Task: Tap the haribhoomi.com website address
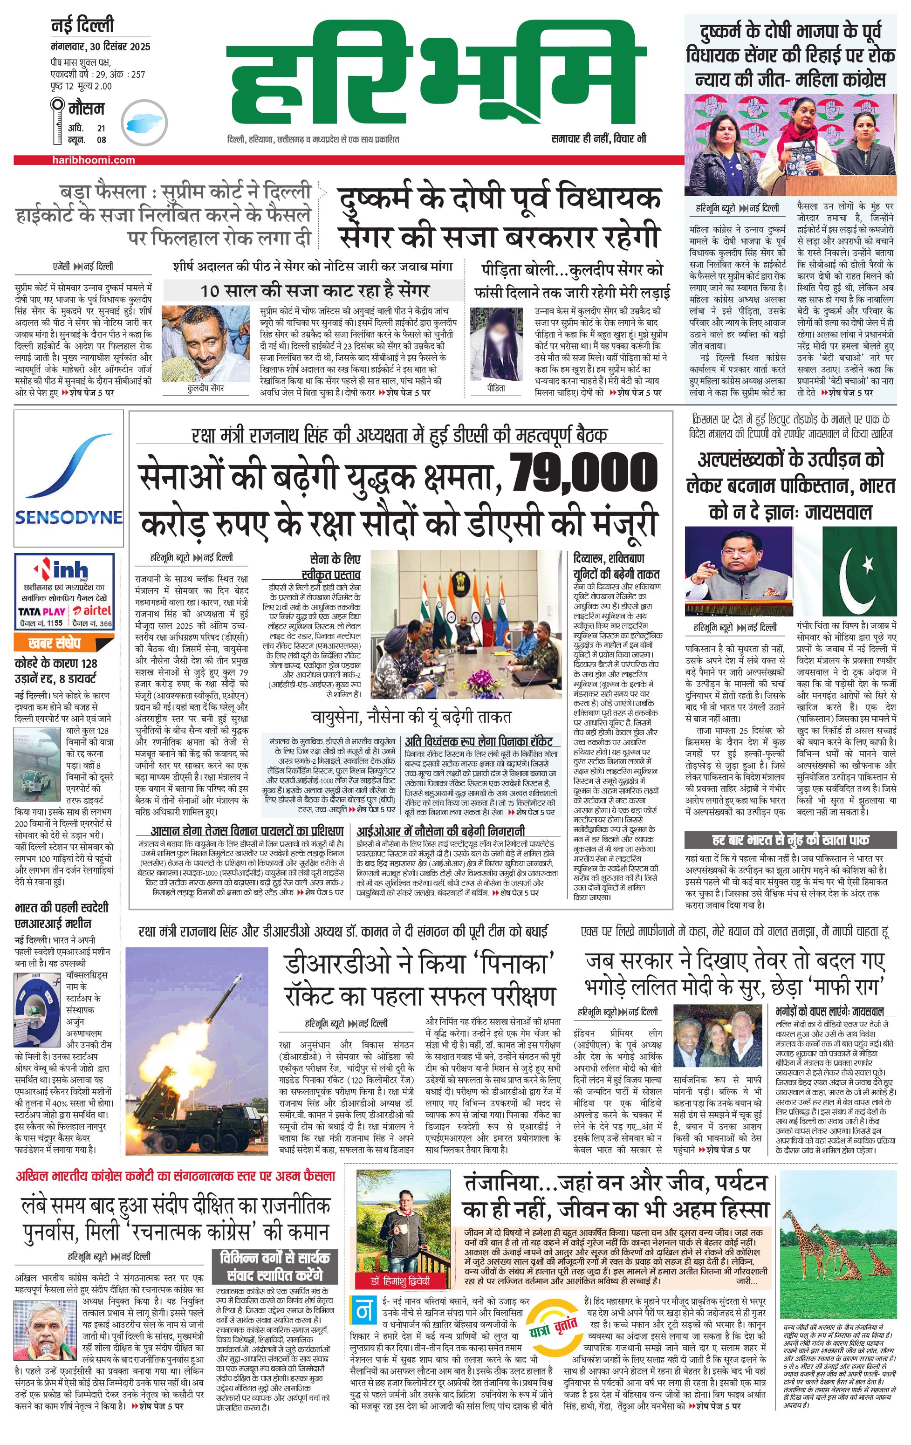tap(94, 160)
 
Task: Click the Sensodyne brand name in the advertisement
tap(68, 517)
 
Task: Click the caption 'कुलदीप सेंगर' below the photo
tap(205, 388)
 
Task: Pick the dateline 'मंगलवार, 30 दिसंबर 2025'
tap(100, 47)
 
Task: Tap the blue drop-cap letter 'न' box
tap(363, 1311)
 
